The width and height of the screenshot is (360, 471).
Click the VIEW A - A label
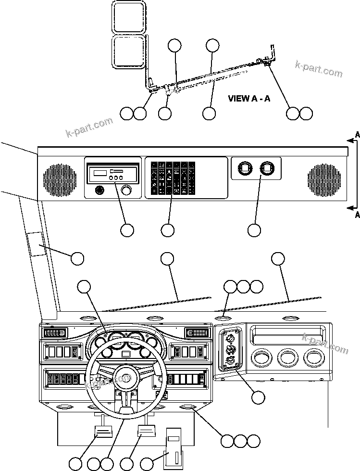(x=248, y=99)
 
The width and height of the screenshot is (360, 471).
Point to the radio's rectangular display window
(x=100, y=172)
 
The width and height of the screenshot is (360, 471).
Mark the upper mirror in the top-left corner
(x=128, y=17)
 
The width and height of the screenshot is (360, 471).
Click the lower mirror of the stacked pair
(x=128, y=51)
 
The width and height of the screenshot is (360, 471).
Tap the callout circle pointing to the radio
(x=127, y=230)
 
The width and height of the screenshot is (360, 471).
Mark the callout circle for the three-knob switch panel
(x=258, y=397)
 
